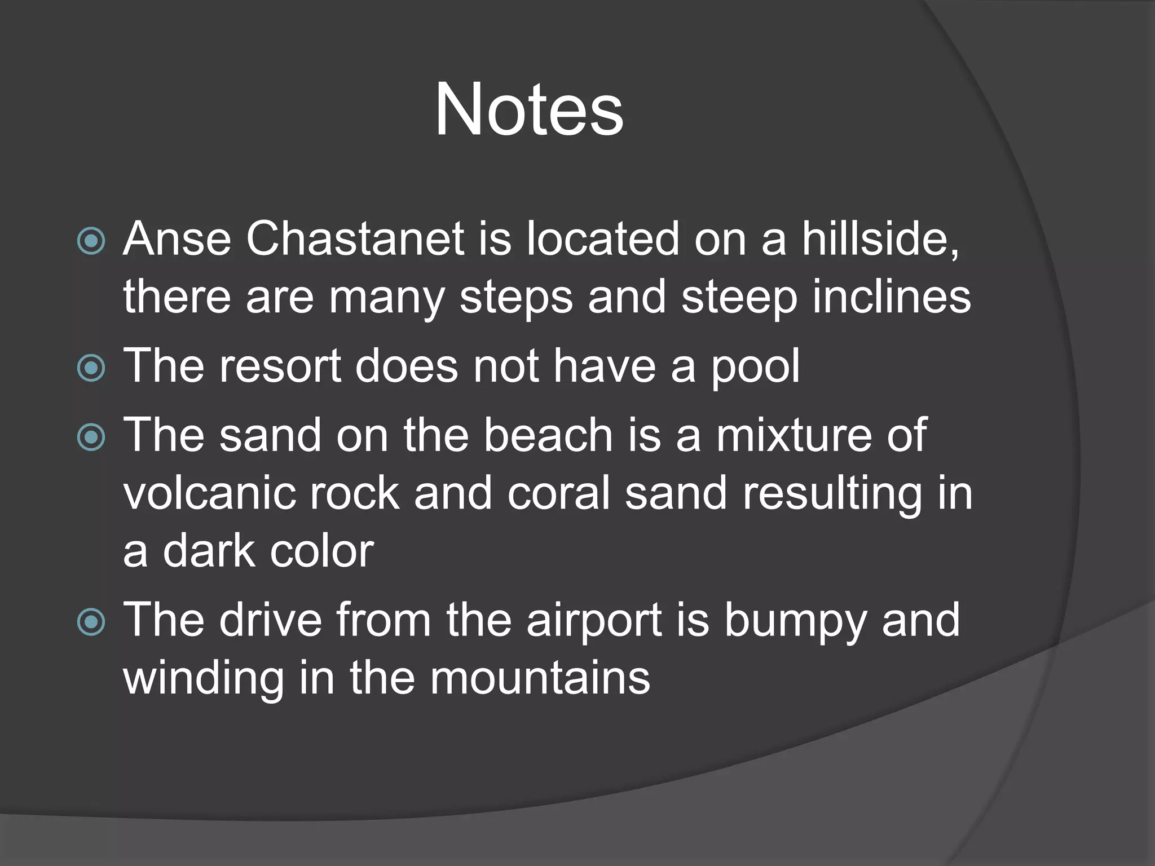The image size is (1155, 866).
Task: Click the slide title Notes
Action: click(528, 109)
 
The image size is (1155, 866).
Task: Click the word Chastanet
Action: click(355, 239)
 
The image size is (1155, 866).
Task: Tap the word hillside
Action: click(880, 239)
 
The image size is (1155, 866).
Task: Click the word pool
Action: click(755, 366)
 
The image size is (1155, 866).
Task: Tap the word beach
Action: click(548, 435)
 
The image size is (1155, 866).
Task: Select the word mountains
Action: click(540, 678)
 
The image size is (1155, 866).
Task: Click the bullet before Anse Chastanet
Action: click(91, 241)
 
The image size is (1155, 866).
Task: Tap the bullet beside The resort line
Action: click(91, 368)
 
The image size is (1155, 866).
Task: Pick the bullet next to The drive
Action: click(91, 622)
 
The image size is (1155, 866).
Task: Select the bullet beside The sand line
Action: click(91, 438)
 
